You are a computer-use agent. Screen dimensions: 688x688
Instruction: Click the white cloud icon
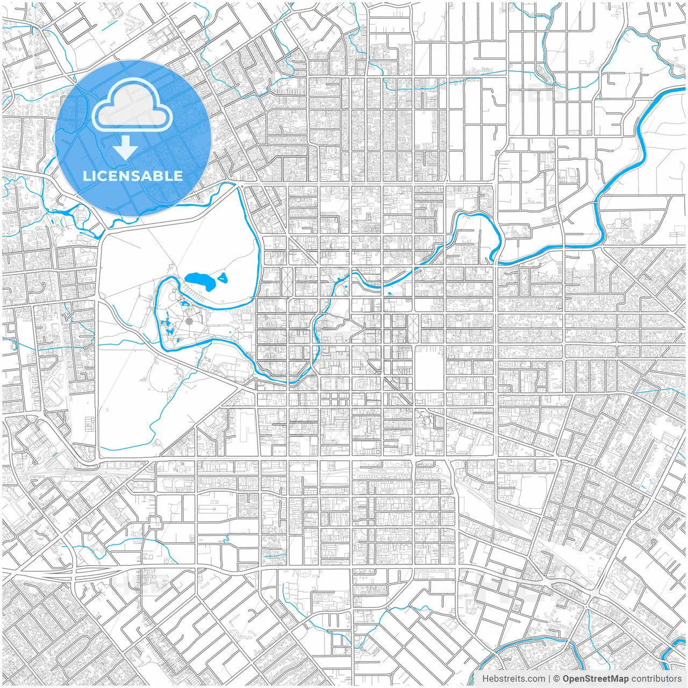point(132,105)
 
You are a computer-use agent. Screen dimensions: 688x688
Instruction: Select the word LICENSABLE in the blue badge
point(133,176)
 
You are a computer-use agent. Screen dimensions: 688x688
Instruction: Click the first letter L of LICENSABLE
point(86,176)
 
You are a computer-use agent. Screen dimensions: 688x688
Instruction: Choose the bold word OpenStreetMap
point(596,679)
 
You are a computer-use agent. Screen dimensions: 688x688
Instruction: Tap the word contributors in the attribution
point(656,679)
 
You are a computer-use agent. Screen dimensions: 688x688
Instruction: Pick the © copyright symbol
point(557,679)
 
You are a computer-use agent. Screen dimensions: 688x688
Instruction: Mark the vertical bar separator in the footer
point(549,679)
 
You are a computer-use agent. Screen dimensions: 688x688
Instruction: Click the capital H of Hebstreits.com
point(485,679)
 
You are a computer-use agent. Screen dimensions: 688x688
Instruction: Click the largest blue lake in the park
point(198,281)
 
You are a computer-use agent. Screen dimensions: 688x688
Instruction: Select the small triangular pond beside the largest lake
point(223,278)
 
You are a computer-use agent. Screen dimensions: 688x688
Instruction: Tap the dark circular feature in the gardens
point(189,321)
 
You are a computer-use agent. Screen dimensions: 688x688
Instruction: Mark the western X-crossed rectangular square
point(287,281)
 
